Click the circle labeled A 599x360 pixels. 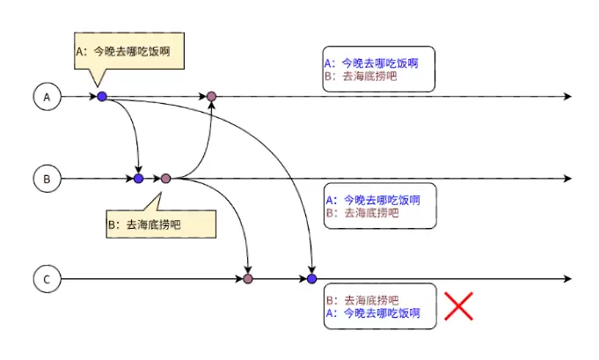pos(47,97)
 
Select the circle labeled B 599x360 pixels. pos(47,179)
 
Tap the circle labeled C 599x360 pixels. pos(47,280)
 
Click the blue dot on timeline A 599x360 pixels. pos(102,96)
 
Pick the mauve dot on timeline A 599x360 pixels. pos(211,96)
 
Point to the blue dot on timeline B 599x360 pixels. pos(138,179)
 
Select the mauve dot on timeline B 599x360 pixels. pos(165,179)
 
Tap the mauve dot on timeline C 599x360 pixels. pos(248,279)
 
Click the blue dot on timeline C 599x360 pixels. pos(311,279)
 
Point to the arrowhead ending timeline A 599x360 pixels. pos(567,97)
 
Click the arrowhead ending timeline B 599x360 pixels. pos(567,179)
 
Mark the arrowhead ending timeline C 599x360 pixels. pos(567,280)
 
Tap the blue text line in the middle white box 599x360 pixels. pos(373,200)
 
